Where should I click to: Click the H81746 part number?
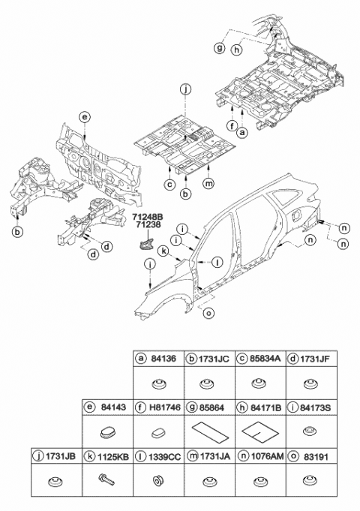pyautogui.click(x=162, y=407)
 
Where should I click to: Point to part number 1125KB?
pyautogui.click(x=162, y=455)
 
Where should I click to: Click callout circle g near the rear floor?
pyautogui.click(x=219, y=48)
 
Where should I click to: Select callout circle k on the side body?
pyautogui.click(x=184, y=251)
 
